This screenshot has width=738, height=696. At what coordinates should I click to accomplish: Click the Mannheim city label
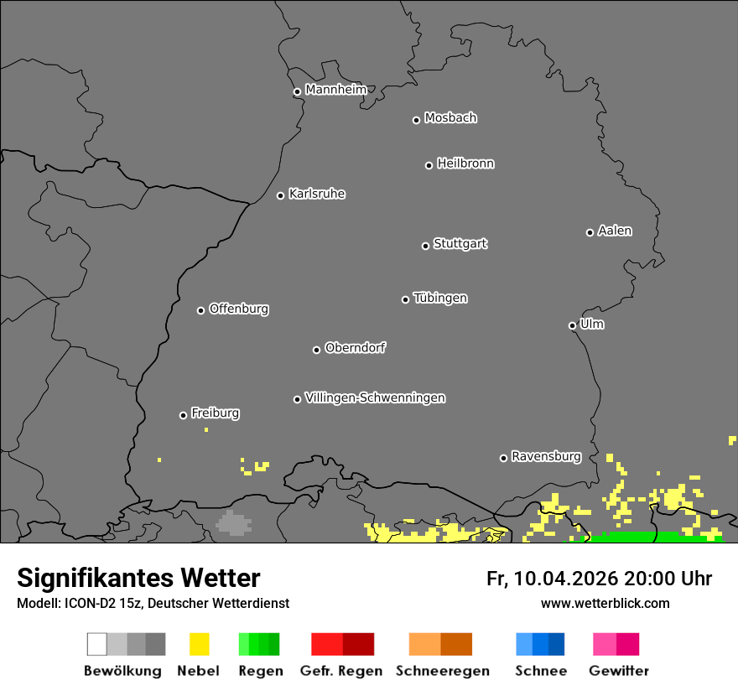point(335,90)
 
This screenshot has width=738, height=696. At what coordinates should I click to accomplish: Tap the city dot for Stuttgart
point(425,246)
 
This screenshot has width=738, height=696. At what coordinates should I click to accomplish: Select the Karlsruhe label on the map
point(316,194)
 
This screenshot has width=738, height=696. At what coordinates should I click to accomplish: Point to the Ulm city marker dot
point(572,325)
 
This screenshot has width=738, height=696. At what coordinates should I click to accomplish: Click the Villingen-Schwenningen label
point(375,397)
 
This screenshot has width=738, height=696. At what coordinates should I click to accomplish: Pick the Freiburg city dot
point(183,415)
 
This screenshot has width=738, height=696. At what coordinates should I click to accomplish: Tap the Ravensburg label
point(546,456)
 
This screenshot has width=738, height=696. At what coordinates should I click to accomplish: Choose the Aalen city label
point(615,231)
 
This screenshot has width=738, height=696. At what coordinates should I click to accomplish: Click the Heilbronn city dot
point(429,165)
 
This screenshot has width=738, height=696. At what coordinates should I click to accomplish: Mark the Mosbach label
point(450,118)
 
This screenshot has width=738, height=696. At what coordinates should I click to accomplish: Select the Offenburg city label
point(239,309)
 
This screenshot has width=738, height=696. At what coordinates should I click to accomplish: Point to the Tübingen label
point(440,298)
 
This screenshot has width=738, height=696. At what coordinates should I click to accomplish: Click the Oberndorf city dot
point(316,350)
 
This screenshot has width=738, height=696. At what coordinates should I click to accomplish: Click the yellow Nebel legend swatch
point(199,644)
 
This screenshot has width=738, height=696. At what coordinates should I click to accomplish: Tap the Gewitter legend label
point(619,671)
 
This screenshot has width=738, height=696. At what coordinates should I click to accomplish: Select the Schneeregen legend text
point(443,671)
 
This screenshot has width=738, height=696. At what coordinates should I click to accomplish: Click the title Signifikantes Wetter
point(138,578)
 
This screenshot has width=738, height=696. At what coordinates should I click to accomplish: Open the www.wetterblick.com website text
point(605,603)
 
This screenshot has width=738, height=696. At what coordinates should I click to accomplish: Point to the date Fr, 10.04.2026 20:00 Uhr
point(599,579)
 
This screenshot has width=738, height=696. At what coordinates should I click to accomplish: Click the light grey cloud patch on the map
point(233,523)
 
